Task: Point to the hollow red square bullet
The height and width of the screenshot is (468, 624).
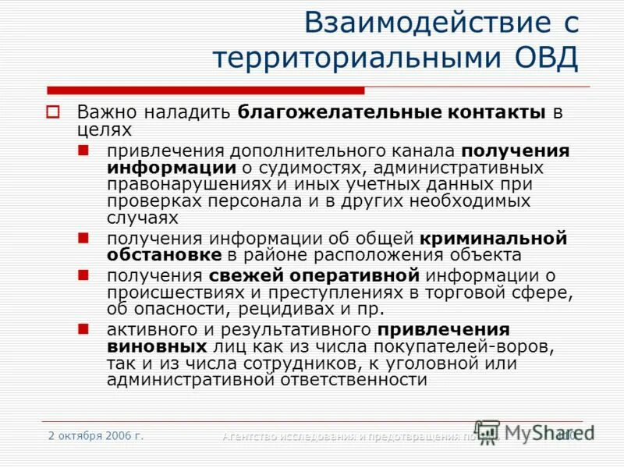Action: [x=53, y=112]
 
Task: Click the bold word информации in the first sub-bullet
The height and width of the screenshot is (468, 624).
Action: [x=172, y=167]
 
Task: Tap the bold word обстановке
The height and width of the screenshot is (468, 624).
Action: [x=164, y=254]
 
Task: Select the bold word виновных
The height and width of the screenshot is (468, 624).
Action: [x=156, y=346]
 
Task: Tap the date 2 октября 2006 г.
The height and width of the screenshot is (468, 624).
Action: [x=95, y=435]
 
